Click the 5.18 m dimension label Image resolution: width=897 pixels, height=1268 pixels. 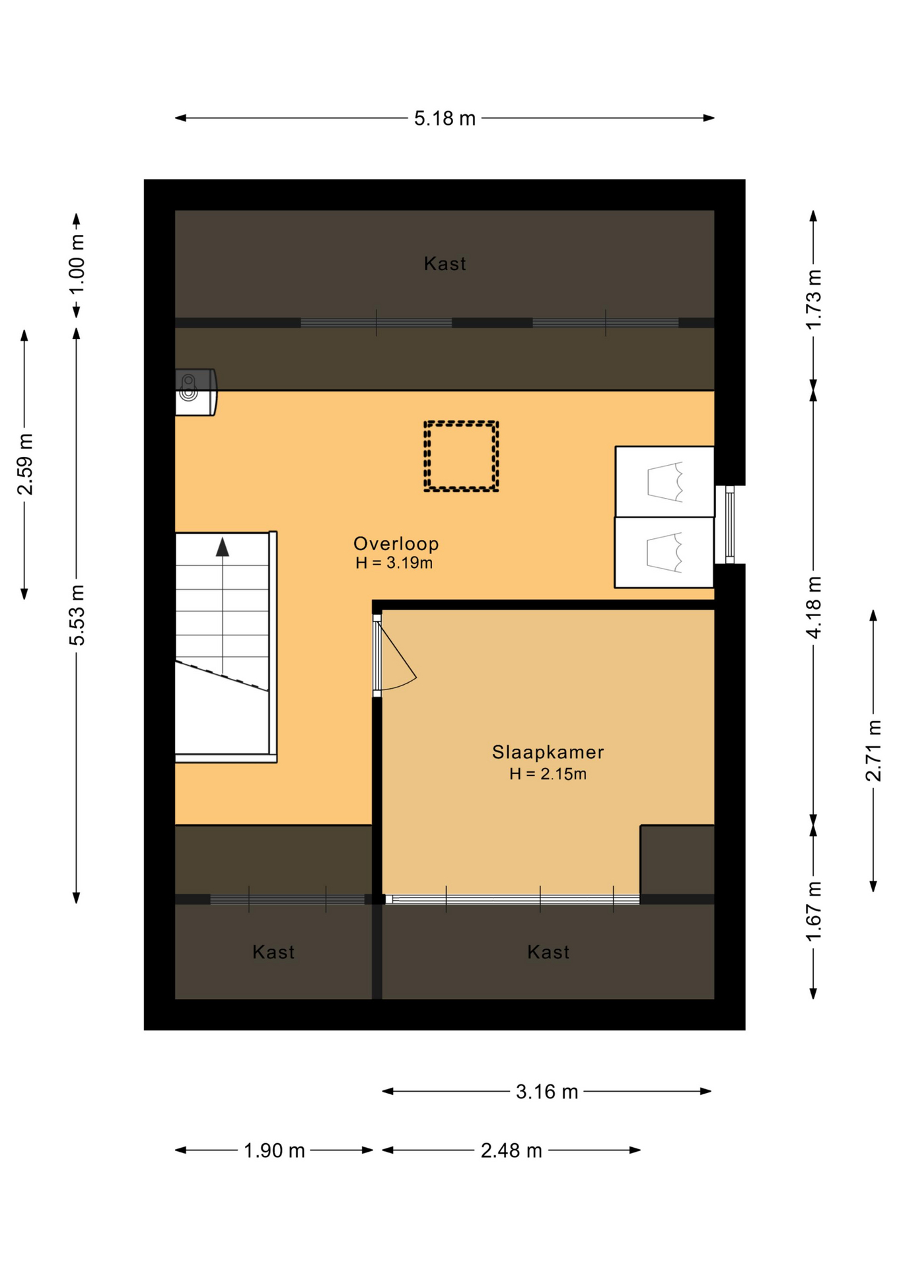tap(445, 118)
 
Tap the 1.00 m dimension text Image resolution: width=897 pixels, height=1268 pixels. tap(77, 264)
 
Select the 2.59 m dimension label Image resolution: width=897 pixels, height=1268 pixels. tap(25, 464)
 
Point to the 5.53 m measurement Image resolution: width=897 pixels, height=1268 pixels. tap(77, 615)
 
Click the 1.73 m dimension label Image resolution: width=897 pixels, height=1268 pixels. tap(814, 299)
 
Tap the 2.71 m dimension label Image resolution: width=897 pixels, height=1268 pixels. tap(874, 751)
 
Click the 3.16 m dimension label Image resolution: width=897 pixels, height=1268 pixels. tap(547, 1092)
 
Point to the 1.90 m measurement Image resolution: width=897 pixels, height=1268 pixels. tap(274, 1150)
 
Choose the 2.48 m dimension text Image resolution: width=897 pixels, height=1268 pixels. tap(511, 1150)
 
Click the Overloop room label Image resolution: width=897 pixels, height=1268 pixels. tap(396, 544)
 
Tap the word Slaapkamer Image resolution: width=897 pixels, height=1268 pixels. tap(548, 752)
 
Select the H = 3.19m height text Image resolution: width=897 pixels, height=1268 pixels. tap(394, 563)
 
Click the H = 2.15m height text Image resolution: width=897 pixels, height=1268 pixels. tap(548, 774)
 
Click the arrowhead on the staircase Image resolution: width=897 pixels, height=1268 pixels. tap(223, 547)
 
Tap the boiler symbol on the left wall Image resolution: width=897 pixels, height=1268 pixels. tap(196, 392)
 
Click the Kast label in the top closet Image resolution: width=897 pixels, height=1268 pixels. tap(445, 264)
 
